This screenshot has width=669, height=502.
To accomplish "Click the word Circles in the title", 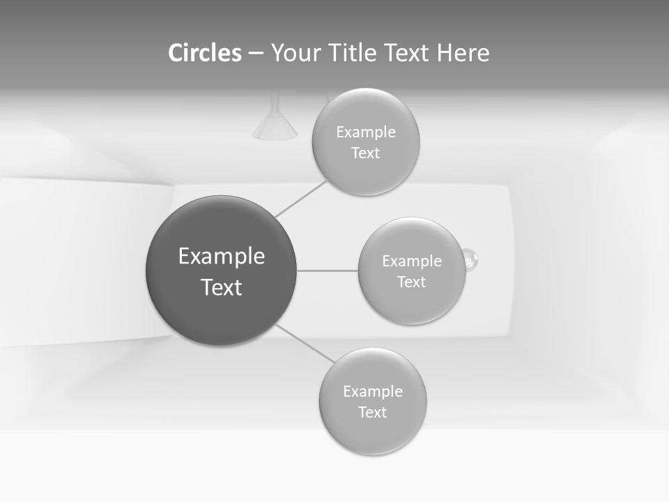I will pyautogui.click(x=204, y=53).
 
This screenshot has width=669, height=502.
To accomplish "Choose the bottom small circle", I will pyautogui.click(x=372, y=432).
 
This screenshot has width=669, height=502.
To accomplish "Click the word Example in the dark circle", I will pyautogui.click(x=222, y=257).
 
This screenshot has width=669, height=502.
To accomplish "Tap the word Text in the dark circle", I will pyautogui.click(x=222, y=287).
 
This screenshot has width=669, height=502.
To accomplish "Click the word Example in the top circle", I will pyautogui.click(x=366, y=132).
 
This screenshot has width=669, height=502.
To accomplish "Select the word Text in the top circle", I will pyautogui.click(x=365, y=153).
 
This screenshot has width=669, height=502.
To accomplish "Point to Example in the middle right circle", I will pyautogui.click(x=412, y=261).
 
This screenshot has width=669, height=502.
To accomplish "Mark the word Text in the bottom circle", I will pyautogui.click(x=372, y=412).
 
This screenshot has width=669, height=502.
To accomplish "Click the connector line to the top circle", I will pyautogui.click(x=301, y=199).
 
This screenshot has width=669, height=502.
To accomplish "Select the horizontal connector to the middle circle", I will pyautogui.click(x=328, y=271).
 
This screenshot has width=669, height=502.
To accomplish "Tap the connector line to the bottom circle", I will pyautogui.click(x=305, y=344).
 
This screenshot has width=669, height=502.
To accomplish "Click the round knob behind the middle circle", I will pyautogui.click(x=472, y=259).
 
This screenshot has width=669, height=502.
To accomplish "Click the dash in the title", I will pyautogui.click(x=256, y=53).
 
